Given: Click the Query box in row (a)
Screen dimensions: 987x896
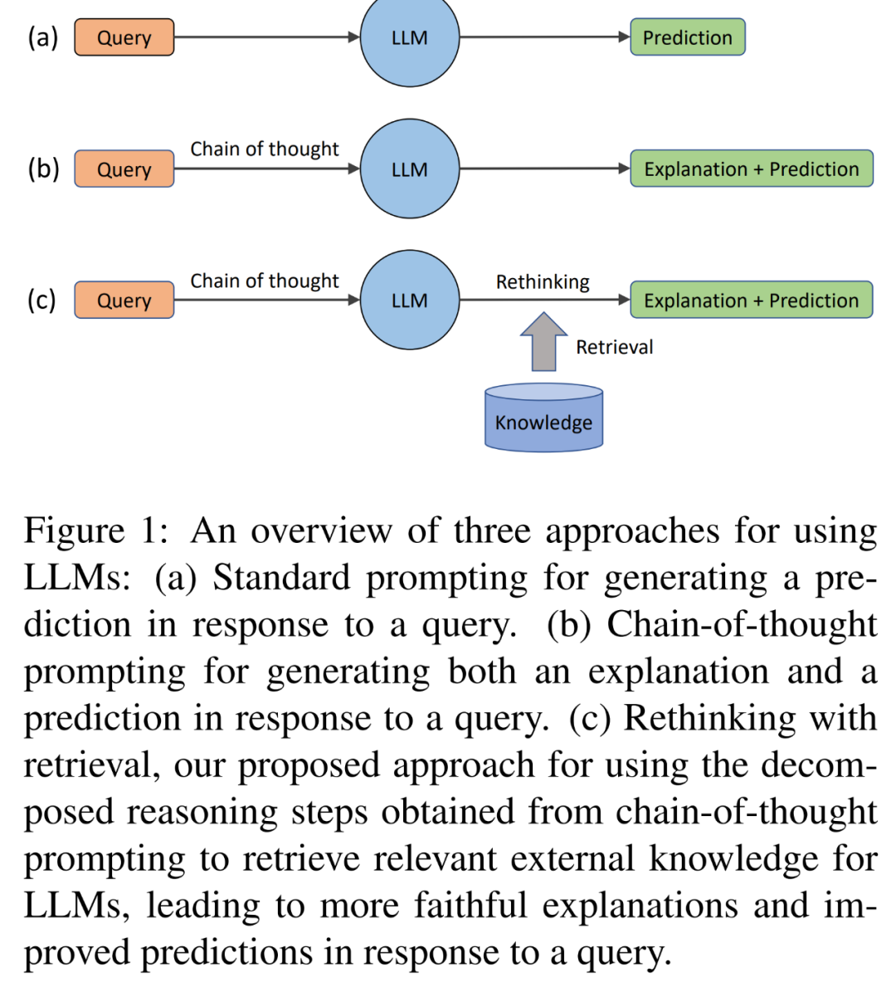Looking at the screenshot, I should click(124, 37).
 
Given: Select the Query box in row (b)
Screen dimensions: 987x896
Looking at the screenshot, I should click(124, 169).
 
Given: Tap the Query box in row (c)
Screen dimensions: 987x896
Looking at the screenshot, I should click(124, 300).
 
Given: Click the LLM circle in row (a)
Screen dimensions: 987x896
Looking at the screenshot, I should click(410, 37).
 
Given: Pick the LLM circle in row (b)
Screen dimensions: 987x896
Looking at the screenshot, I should click(410, 169).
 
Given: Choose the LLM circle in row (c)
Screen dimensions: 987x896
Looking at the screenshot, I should click(410, 300).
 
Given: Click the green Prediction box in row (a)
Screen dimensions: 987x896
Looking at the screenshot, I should click(687, 37).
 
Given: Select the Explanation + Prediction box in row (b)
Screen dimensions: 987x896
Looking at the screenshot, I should click(752, 169).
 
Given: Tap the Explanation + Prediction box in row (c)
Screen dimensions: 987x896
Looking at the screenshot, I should click(752, 300).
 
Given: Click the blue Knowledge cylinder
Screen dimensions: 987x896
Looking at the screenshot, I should click(543, 418).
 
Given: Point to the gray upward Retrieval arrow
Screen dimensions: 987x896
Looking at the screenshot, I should click(543, 342).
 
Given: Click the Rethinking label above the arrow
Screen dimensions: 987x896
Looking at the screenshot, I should click(543, 282).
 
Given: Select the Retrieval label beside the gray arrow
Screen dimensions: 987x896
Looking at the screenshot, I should click(615, 347).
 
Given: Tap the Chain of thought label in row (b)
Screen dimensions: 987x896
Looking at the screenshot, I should click(265, 149).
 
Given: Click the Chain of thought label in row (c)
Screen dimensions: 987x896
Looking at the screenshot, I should click(265, 281).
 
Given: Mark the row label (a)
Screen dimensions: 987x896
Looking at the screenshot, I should click(43, 37).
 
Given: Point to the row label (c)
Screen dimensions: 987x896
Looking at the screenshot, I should click(41, 300).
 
